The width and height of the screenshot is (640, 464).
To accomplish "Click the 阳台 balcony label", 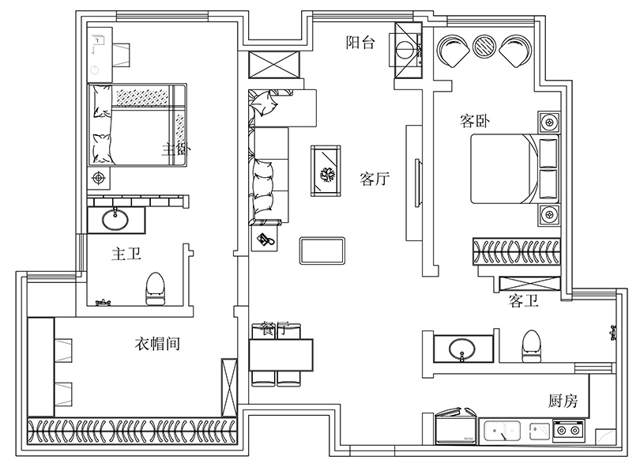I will pos(360,43).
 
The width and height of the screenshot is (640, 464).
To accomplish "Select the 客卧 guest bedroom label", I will pos(476,121).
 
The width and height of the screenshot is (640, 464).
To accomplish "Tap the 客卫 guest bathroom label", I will pos(524,300).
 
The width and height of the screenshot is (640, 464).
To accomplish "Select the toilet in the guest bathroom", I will pos(531,345).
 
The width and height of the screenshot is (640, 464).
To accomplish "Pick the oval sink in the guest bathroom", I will pos(459,348).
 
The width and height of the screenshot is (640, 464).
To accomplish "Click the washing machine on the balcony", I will pos(408,48).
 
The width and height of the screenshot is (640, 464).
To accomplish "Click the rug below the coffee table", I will pos(322,250).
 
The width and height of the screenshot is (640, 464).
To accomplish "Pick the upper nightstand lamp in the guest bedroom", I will pos(548,123).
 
